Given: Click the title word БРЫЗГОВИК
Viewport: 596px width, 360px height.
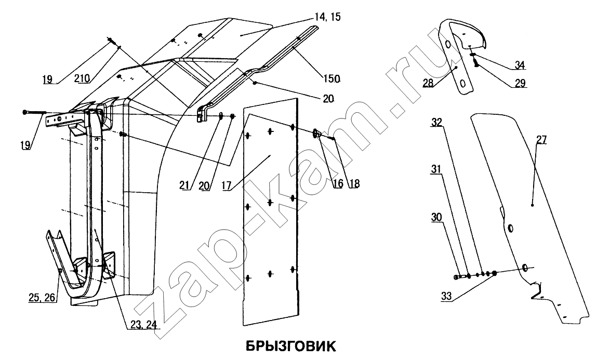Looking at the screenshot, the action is [290, 346].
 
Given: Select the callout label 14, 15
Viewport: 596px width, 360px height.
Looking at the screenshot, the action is [328, 18].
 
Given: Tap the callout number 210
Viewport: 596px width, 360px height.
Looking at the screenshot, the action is [82, 78].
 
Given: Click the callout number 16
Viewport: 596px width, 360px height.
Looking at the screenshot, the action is [338, 183].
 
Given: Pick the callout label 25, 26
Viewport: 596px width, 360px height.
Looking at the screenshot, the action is [42, 298].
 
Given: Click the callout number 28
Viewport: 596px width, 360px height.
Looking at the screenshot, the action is [428, 83].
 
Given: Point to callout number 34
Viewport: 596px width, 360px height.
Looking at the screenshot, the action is [520, 65].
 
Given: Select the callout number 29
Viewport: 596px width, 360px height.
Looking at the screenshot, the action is [520, 83].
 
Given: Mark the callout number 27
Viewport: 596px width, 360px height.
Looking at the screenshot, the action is [541, 140].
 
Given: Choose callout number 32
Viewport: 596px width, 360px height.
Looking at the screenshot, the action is [436, 122].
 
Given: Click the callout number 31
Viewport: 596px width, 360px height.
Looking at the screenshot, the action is [436, 169].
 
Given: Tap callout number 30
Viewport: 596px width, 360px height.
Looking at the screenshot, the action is [436, 217].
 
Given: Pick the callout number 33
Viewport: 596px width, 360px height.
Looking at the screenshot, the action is [446, 296].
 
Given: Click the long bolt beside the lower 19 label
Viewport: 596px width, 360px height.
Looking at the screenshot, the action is [34, 112].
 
